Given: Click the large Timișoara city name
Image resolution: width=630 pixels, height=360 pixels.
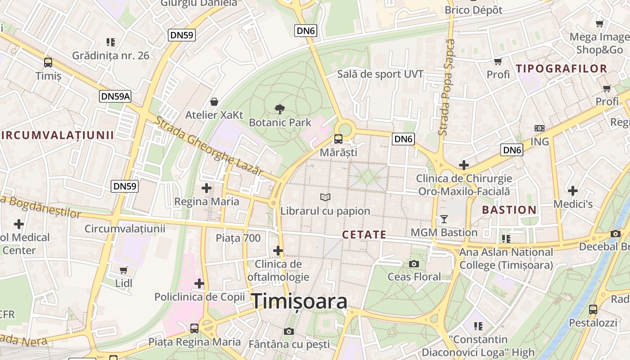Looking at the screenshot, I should [x=299, y=301].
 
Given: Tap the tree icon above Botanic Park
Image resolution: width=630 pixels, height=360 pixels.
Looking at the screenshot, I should [x=279, y=108].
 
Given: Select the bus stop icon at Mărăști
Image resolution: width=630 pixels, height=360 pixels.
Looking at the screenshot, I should [x=338, y=139].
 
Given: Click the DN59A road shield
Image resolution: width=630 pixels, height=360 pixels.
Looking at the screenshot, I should [x=115, y=96].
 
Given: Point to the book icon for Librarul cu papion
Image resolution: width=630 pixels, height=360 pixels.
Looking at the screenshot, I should [x=325, y=197].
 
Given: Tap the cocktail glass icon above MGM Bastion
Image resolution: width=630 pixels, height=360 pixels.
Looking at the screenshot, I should [x=444, y=219].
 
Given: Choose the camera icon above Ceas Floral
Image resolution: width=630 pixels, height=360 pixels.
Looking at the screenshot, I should [x=414, y=264].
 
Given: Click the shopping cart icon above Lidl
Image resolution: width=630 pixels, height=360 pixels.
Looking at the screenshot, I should [x=124, y=270].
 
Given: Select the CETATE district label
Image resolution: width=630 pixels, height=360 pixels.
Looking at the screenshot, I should [x=364, y=234].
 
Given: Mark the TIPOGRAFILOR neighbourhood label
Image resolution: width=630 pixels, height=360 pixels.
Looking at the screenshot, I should [x=562, y=69].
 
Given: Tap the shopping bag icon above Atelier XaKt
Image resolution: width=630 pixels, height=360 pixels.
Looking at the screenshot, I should [x=214, y=102].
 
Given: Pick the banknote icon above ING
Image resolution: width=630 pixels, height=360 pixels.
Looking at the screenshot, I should [x=539, y=128].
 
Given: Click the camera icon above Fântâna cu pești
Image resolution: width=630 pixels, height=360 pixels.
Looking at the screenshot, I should [x=289, y=332].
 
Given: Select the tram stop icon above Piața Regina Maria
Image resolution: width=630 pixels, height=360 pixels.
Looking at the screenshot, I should [x=194, y=328].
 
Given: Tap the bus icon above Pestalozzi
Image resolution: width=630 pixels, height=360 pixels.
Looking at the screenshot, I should [x=593, y=310].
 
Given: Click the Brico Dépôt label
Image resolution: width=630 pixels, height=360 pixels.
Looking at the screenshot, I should [x=473, y=10].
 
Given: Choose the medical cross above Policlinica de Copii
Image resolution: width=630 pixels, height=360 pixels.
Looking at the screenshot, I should [x=199, y=283].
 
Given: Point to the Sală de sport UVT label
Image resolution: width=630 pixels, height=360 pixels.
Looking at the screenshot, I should [x=380, y=74].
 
